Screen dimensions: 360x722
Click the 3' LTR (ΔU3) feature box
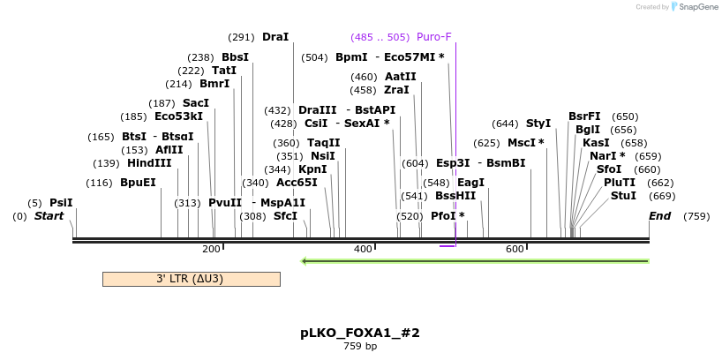pos(191,279)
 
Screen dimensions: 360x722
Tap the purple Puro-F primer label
pos(433,37)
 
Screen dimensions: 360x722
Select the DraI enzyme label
pos(275,37)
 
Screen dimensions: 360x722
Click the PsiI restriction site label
pos(61,202)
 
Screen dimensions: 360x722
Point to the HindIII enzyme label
pos(149,163)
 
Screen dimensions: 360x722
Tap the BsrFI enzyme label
pos(584,116)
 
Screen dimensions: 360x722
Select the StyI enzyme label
pos(538,124)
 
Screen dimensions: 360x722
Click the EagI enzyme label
pos(470,183)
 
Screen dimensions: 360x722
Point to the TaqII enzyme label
pos(323,143)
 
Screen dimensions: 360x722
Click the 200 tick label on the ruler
pos(211,250)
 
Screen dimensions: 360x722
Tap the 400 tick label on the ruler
pos(363,250)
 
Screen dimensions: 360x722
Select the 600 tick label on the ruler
pos(515,250)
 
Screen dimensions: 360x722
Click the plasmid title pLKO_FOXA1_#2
pos(360,333)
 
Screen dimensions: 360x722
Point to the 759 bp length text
pos(360,347)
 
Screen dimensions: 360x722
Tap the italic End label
pos(659,216)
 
